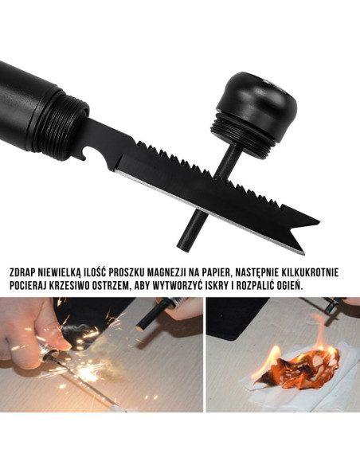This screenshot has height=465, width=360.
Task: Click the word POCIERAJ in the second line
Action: pyautogui.click(x=30, y=284)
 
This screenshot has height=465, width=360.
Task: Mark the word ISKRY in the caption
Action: pyautogui.click(x=235, y=284)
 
